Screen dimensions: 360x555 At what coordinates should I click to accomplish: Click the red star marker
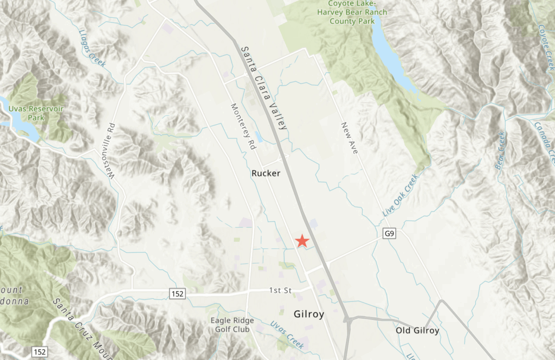302,241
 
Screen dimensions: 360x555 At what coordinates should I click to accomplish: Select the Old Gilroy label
417,330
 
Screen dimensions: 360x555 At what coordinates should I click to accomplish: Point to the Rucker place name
266,173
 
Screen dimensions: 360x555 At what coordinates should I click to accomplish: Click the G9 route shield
389,234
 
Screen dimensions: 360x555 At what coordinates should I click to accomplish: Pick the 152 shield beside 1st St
179,294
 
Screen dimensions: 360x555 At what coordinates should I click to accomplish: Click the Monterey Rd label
243,127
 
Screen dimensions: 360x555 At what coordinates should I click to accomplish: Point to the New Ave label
350,138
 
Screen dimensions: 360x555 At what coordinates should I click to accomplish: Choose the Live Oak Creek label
401,196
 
